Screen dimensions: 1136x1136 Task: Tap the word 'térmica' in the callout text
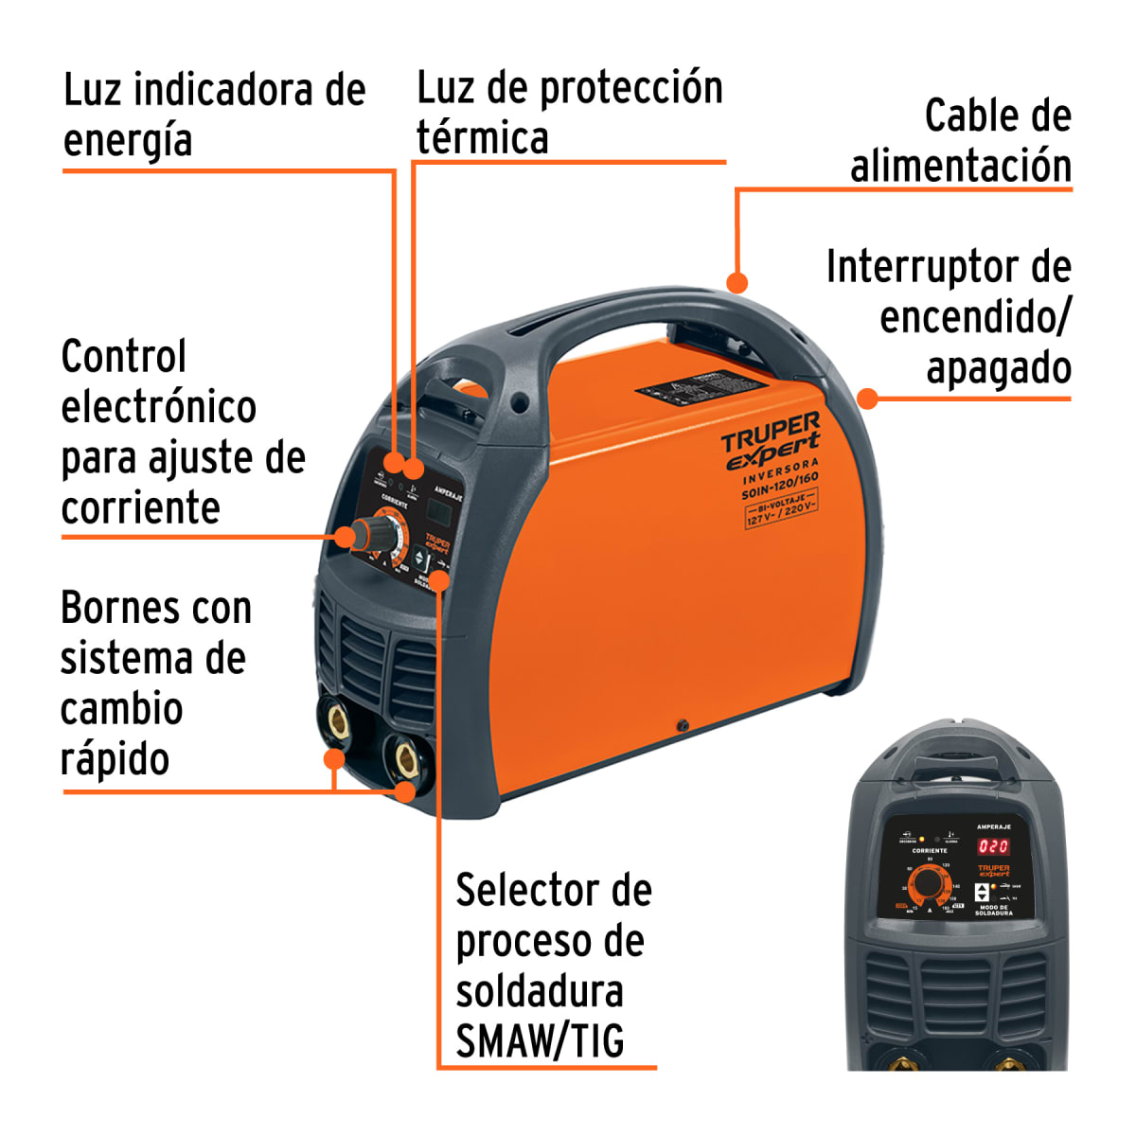tap(483, 138)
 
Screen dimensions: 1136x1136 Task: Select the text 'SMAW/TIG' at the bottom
tap(540, 1041)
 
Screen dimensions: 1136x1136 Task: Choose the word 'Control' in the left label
tap(124, 357)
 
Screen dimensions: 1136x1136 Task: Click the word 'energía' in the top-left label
tap(128, 141)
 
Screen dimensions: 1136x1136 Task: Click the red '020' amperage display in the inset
tap(993, 846)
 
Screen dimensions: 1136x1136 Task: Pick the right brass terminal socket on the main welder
tap(408, 757)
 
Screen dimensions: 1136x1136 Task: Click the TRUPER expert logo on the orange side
tap(771, 440)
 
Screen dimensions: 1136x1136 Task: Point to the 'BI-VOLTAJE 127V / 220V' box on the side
tap(781, 508)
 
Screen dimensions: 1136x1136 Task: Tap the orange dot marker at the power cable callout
tap(737, 281)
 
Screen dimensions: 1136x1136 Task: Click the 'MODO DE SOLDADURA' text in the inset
tap(994, 911)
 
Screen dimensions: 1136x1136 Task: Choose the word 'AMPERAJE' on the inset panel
tap(993, 826)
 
